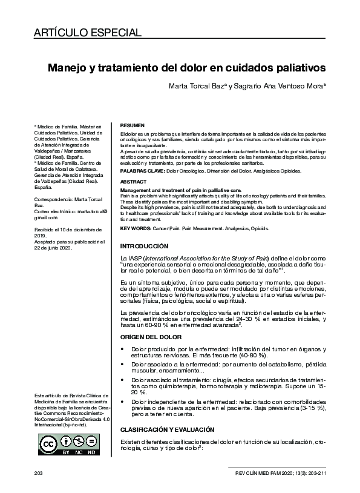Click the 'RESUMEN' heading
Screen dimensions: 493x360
(x=133, y=123)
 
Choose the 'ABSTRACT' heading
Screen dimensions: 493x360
(x=133, y=181)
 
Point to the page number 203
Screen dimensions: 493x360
(x=38, y=471)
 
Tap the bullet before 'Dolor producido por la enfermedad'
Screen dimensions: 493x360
(x=124, y=349)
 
